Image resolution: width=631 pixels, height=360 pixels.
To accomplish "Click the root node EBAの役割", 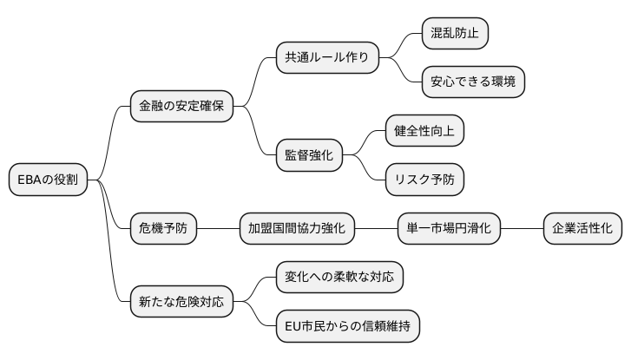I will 48,180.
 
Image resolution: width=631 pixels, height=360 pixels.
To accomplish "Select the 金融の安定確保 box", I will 181,107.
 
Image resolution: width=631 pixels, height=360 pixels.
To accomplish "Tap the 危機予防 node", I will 162,229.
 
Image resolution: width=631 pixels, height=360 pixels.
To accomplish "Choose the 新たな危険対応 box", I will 181,302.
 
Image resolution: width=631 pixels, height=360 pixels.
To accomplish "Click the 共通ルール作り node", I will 326,58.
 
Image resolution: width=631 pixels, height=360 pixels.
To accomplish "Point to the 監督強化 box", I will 308,155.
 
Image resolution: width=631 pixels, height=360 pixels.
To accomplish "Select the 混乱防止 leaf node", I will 455,34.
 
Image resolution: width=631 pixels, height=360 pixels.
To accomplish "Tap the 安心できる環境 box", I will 472,82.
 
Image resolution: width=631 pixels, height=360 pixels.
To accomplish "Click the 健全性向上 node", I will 424,131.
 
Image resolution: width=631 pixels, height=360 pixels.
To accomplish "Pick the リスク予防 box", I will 424,180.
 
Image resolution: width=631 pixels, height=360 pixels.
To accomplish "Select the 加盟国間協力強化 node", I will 296,229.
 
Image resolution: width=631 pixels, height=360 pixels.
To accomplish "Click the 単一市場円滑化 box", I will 448,229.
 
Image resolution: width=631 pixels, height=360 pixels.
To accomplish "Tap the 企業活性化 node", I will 582,229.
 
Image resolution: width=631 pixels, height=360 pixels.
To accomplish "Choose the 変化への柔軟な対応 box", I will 339,278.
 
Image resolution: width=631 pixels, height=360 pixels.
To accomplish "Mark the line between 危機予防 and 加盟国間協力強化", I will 218,229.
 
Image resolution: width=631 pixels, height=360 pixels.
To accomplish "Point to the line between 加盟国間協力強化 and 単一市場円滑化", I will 375,229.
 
